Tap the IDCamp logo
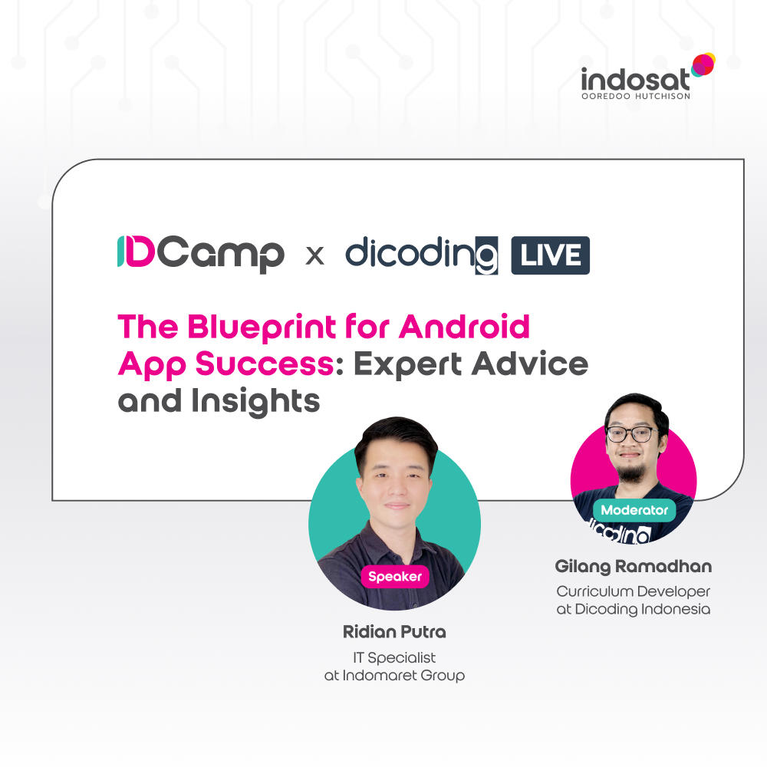200,254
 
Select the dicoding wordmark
421,254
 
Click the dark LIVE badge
550,255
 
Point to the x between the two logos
314,255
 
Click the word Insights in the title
261,400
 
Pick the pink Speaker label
394,577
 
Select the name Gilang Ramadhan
634,567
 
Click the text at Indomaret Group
394,676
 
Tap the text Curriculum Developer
634,591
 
